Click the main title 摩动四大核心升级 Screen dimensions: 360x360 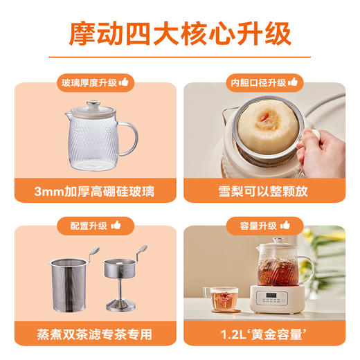(x=180, y=33)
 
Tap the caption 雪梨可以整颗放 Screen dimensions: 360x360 (x=268, y=189)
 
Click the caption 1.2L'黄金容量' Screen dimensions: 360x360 (x=268, y=333)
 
